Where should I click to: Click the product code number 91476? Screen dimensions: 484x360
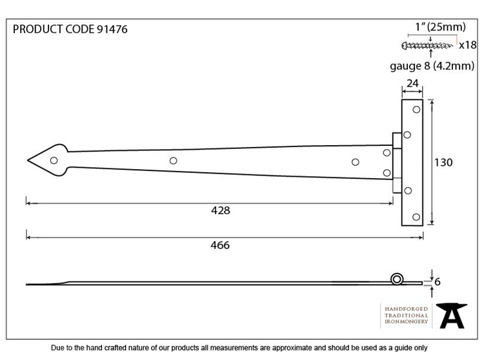(x=112, y=29)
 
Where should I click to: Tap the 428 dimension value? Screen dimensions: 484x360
(x=221, y=210)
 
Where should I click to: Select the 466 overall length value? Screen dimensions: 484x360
(x=220, y=245)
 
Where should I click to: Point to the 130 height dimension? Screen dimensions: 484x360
(x=443, y=163)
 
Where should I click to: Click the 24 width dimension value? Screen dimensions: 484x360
(x=412, y=83)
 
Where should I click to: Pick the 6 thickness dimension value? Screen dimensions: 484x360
(x=438, y=282)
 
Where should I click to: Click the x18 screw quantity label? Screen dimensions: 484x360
(x=468, y=45)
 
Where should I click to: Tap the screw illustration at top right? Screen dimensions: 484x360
(x=427, y=46)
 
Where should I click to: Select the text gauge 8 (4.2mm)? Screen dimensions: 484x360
(x=432, y=66)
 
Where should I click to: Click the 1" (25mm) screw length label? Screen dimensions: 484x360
(x=441, y=27)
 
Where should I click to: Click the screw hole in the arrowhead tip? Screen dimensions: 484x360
(x=54, y=161)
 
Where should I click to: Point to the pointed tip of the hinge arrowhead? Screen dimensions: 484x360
(x=28, y=160)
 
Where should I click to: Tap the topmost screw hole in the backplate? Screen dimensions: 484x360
(x=416, y=110)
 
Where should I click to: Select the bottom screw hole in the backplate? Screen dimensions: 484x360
(x=416, y=217)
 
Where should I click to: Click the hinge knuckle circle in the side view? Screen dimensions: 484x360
(x=397, y=279)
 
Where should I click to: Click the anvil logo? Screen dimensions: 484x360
(x=452, y=315)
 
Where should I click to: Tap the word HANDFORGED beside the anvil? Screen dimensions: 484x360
(x=406, y=309)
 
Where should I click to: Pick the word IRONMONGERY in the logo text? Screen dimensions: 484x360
(x=406, y=321)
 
